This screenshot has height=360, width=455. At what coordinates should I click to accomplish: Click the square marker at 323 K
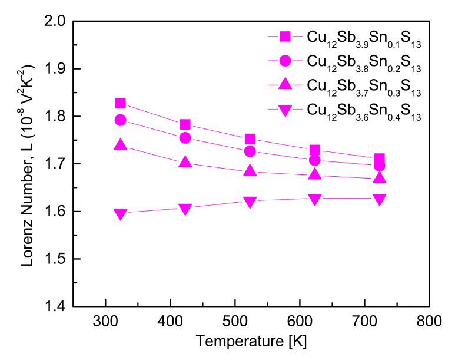pyautogui.click(x=120, y=104)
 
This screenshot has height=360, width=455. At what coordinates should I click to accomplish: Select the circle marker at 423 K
pyautogui.click(x=185, y=138)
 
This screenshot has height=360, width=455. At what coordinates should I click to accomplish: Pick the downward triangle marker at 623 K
pyautogui.click(x=315, y=199)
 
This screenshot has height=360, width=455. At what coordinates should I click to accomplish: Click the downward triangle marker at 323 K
pyautogui.click(x=120, y=214)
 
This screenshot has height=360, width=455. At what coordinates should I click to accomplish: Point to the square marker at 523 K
pyautogui.click(x=250, y=139)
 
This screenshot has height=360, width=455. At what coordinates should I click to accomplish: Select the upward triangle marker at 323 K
pyautogui.click(x=120, y=144)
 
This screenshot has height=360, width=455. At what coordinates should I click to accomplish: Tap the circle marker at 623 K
pyautogui.click(x=315, y=160)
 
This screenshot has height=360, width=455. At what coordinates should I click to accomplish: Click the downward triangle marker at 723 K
pyautogui.click(x=380, y=199)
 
